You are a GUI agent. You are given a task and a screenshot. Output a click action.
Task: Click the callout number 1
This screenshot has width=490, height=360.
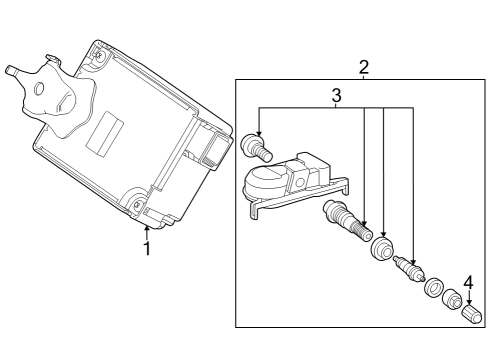[x=147, y=248]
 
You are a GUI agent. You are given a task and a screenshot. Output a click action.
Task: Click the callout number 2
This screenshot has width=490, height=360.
[x=364, y=67]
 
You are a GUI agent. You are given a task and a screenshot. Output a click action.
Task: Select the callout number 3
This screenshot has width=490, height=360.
[x=337, y=96]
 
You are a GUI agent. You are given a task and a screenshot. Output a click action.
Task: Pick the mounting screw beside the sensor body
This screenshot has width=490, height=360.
[x=257, y=148]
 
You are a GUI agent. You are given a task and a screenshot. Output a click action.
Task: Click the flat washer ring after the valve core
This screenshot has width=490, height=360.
[x=433, y=288]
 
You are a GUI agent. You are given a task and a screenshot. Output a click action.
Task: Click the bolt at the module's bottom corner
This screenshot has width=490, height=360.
[x=137, y=207]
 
